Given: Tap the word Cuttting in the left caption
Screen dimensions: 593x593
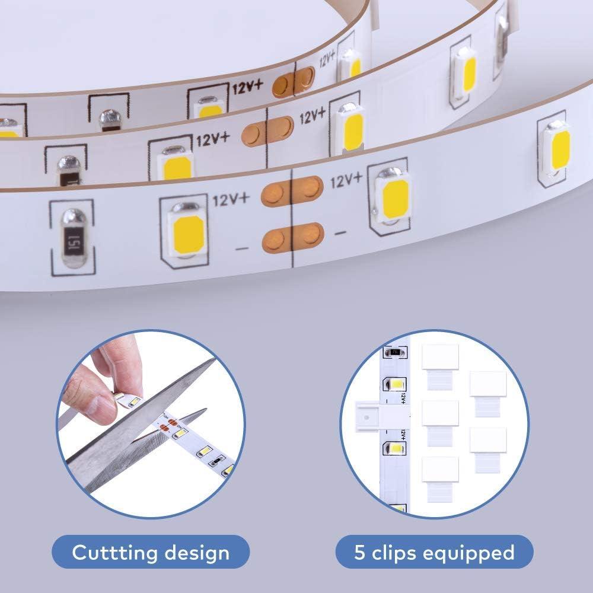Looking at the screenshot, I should [112, 553].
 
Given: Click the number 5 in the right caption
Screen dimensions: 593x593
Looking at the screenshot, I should [359, 553].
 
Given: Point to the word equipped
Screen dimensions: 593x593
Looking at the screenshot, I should [469, 553].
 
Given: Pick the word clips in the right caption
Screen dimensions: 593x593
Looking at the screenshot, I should [397, 553].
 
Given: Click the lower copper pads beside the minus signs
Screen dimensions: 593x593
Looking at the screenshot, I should [292, 236].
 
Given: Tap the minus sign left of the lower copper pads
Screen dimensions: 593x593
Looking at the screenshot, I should [243, 248].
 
